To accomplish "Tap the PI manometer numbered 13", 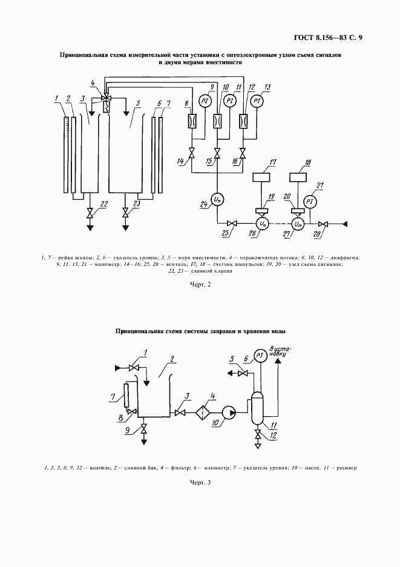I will [257, 100].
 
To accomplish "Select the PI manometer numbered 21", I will [309, 201].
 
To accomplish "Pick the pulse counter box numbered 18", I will [299, 179].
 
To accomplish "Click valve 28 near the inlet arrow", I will [324, 224].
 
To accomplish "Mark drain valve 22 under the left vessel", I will [90, 213].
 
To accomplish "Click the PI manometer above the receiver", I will [260, 354].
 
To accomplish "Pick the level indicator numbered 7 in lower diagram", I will [126, 396].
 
